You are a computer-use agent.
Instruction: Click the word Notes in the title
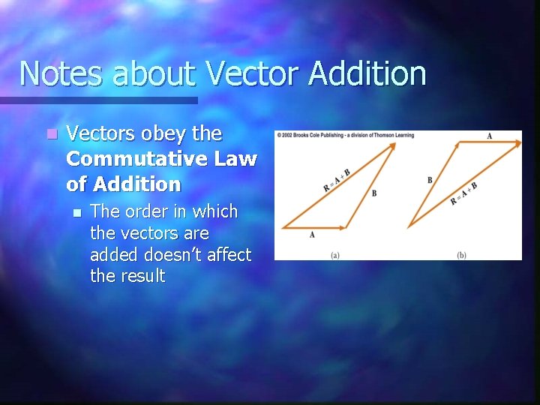tap(64, 73)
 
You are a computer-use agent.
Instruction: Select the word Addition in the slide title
tap(367, 73)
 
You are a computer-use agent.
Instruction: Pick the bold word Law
tap(238, 159)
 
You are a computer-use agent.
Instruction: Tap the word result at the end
tap(138, 276)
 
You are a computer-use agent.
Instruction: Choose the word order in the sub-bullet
tap(145, 212)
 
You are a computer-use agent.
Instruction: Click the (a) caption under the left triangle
tap(335, 255)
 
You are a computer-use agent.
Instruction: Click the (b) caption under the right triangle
tap(461, 255)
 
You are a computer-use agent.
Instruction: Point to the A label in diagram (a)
tap(312, 235)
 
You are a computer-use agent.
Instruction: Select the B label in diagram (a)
tap(373, 193)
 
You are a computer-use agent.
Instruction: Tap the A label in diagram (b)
tap(489, 136)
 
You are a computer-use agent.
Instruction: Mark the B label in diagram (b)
tap(430, 180)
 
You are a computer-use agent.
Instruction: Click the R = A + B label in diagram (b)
tap(464, 194)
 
